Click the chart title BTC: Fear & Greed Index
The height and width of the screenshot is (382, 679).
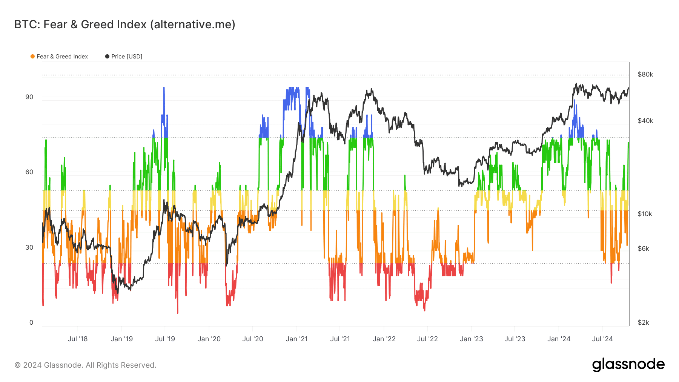[124, 25]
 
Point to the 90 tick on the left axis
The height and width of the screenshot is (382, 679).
[29, 97]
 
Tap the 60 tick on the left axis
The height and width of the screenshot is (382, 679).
[29, 172]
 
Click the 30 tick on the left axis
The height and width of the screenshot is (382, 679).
[29, 247]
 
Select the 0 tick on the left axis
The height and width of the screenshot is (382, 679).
[31, 322]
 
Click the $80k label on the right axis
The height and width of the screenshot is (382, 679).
[645, 74]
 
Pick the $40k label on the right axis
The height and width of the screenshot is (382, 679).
[645, 121]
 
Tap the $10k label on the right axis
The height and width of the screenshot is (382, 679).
[645, 214]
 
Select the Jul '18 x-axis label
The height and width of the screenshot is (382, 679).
[77, 339]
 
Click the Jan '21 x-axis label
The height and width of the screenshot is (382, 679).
[296, 339]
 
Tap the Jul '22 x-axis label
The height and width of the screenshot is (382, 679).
[427, 339]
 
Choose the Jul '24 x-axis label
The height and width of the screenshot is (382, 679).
[602, 339]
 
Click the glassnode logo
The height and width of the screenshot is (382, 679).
[628, 365]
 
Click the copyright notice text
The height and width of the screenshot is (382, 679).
[85, 365]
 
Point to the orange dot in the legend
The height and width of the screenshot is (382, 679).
[32, 57]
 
